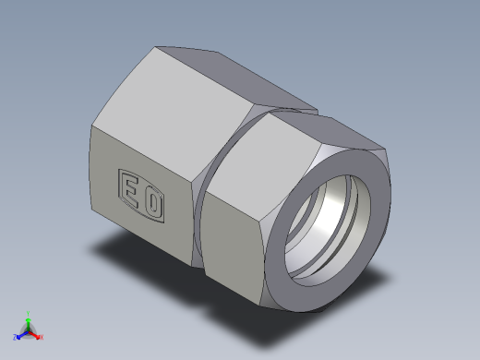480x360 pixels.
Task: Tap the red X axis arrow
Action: (x=37, y=335)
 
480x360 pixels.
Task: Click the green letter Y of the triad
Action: (x=30, y=313)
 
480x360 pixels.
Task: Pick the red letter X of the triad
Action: (x=42, y=338)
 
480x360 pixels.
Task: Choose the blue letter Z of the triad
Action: (x=16, y=338)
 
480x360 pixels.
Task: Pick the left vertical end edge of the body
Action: (x=91, y=185)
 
